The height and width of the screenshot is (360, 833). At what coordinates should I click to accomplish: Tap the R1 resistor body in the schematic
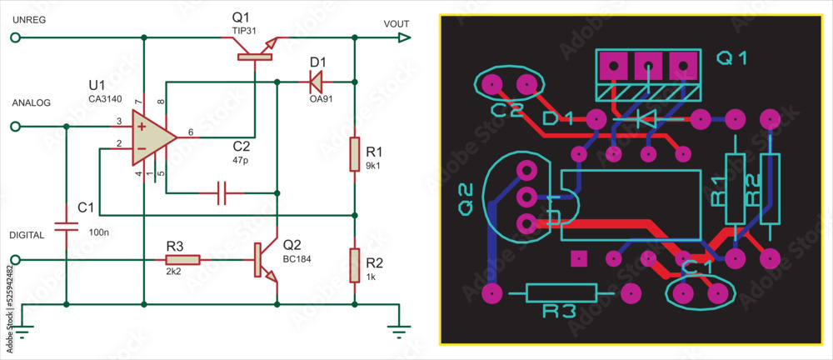tap(354, 155)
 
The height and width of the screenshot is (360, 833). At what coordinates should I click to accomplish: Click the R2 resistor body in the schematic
tap(354, 265)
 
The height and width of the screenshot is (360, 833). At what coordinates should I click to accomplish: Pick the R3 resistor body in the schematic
tap(182, 259)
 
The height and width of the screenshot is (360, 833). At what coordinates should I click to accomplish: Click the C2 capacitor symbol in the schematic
tap(222, 193)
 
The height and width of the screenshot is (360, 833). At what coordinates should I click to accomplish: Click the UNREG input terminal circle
tap(14, 37)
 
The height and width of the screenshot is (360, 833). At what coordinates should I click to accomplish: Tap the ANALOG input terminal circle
tap(14, 127)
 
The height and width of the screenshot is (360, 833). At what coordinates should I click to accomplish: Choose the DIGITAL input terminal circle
tap(14, 259)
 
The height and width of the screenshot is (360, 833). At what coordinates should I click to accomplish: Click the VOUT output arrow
tap(404, 37)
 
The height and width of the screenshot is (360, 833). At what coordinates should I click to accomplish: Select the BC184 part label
tap(297, 259)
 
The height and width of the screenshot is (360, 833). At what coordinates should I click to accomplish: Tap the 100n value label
tap(98, 231)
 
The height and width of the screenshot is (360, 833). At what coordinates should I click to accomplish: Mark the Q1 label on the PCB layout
tap(733, 58)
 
